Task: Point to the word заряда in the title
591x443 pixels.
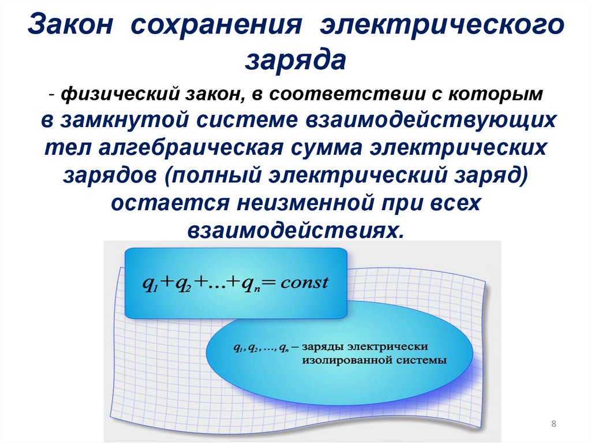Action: tap(295, 60)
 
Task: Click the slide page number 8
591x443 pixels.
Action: tap(554, 425)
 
